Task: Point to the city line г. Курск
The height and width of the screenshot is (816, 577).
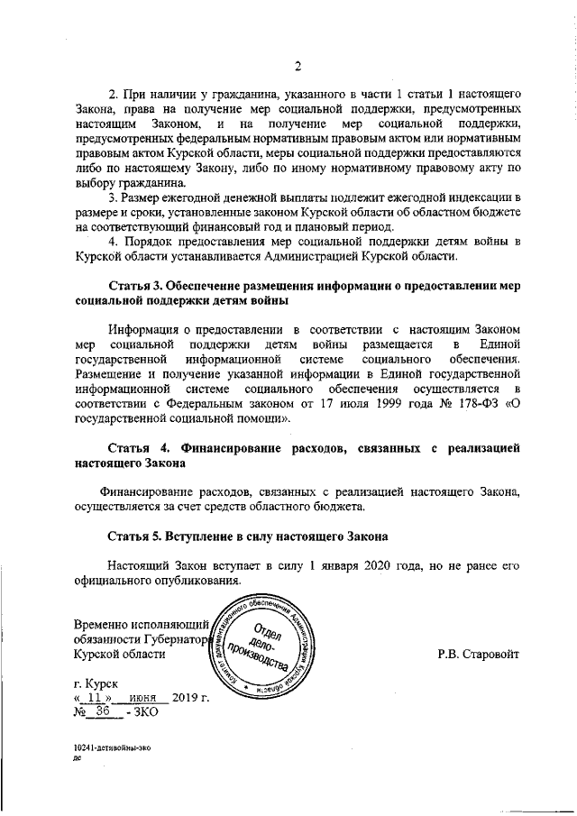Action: pyautogui.click(x=96, y=685)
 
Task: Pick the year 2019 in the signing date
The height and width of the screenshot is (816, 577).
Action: pyautogui.click(x=185, y=699)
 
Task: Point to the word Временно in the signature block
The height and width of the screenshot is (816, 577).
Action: pyautogui.click(x=104, y=625)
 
